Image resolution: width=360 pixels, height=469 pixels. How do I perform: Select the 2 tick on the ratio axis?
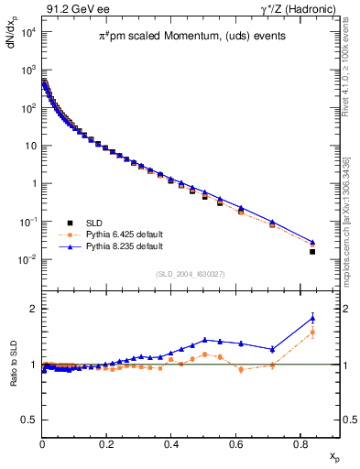(x=33, y=309)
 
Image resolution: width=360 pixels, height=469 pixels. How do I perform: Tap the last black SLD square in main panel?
(x=312, y=251)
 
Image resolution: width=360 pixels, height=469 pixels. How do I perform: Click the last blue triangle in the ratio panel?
(x=312, y=318)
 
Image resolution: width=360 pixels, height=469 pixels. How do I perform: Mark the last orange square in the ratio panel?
(x=312, y=333)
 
